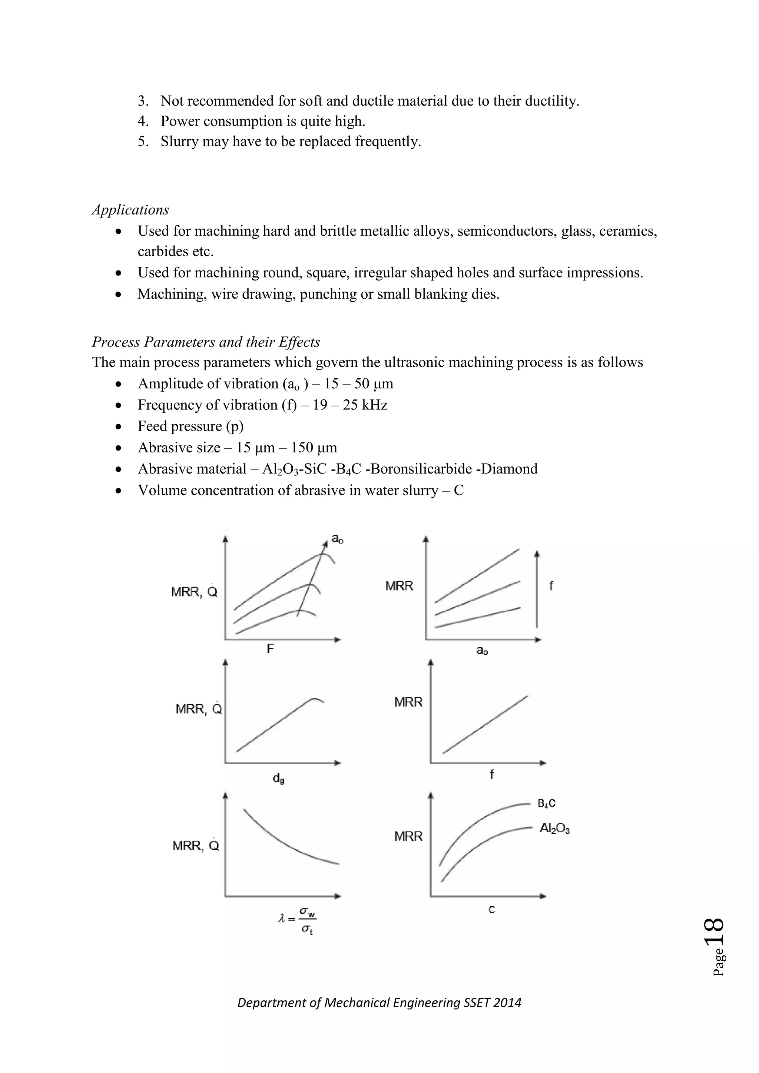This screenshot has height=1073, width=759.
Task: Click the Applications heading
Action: coord(130,210)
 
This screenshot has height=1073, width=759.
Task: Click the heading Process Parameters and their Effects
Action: coord(206,342)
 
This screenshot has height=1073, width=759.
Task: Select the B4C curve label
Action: coord(546,803)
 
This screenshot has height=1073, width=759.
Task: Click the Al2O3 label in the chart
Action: coord(554,828)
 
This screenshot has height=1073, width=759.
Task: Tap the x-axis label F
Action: coord(270,649)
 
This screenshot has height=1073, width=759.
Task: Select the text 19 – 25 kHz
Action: coord(350,405)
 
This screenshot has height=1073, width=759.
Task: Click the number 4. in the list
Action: coord(143,121)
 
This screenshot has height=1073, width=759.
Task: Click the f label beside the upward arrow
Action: coord(551,586)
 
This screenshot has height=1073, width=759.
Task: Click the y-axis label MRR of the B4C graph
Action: coord(408,836)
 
